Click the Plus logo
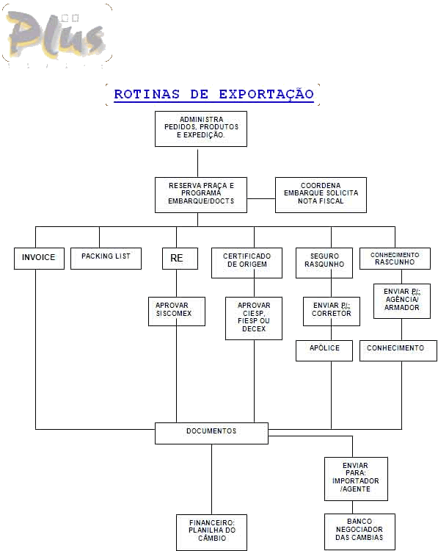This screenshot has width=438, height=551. tap(57, 36)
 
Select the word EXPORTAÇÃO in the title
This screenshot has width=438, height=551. tap(266, 94)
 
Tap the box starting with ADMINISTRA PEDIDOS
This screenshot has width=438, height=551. tap(201, 129)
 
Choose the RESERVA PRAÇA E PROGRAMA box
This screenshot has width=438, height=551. tap(201, 195)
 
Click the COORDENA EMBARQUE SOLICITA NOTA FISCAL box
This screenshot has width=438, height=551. tap(321, 195)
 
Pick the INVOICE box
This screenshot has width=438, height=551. tap(39, 259)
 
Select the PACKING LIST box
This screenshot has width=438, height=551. tap(106, 259)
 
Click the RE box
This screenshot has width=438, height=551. tap(180, 259)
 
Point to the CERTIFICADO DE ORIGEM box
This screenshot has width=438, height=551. tap(247, 263)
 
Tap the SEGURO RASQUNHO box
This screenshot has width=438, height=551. tap(324, 263)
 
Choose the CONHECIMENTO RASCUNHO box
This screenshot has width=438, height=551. tap(395, 259)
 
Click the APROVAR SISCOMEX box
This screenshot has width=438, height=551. tap(177, 311)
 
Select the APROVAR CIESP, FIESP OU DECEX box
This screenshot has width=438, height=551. tap(254, 318)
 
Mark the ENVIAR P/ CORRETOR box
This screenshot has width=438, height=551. tap(332, 311)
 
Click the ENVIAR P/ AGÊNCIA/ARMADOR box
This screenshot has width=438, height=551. tap(402, 301)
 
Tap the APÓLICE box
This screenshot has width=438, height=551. tap(324, 350)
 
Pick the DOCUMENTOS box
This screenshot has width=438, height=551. tap(211, 433)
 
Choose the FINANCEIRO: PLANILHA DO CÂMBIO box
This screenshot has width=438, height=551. tap(211, 533)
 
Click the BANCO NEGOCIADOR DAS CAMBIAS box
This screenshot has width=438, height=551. tap(359, 532)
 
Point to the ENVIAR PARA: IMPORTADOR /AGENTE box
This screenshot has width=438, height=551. tap(356, 479)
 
